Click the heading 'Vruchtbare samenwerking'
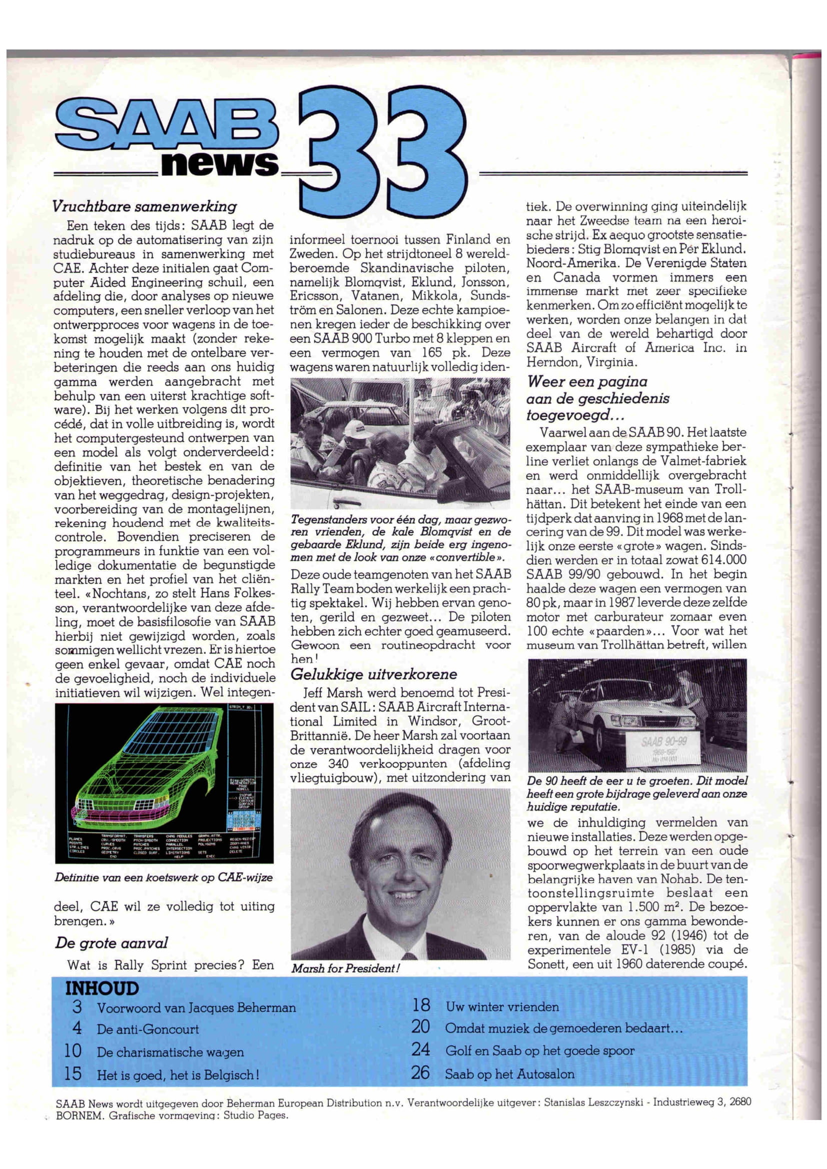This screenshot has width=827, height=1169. pos(145,207)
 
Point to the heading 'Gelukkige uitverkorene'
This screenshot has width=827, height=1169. pos(374,675)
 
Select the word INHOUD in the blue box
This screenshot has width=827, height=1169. pos(102,989)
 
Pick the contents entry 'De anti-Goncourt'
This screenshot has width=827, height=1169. pos(148,1029)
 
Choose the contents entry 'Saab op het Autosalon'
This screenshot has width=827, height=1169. pos(509,1075)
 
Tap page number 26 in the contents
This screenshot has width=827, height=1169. pos(421,1073)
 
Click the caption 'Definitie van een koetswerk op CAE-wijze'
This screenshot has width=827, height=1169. pos(164,878)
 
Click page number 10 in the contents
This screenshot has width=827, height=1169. pos(74,1051)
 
